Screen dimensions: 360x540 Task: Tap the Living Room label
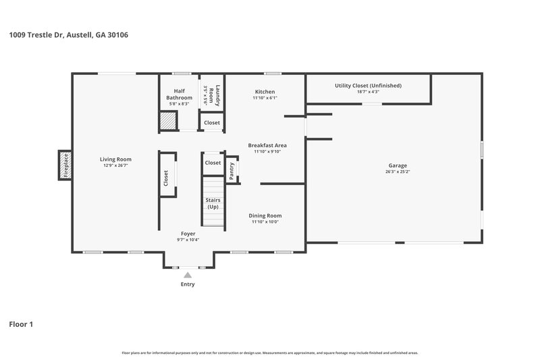tap(115, 159)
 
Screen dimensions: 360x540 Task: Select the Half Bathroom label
tap(180, 95)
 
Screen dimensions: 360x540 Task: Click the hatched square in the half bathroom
tap(167, 121)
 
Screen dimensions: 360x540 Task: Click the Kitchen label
tap(265, 92)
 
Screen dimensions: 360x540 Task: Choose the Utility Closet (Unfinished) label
tap(368, 86)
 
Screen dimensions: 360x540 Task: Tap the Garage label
tap(398, 165)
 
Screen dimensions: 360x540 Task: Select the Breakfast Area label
tap(267, 145)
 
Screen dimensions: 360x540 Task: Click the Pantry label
tap(232, 171)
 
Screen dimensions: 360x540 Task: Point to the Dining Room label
tap(265, 215)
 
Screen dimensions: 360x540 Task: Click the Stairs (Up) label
tap(213, 203)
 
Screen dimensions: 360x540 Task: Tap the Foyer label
tap(188, 233)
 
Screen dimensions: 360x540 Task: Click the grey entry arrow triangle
tap(188, 275)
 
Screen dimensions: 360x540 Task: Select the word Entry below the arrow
tap(188, 284)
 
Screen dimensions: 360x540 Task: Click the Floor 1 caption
tap(21, 325)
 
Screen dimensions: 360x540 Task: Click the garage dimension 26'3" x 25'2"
tap(398, 172)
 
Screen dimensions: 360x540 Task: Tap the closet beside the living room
tap(166, 177)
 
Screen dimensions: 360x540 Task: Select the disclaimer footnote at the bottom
tap(269, 353)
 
